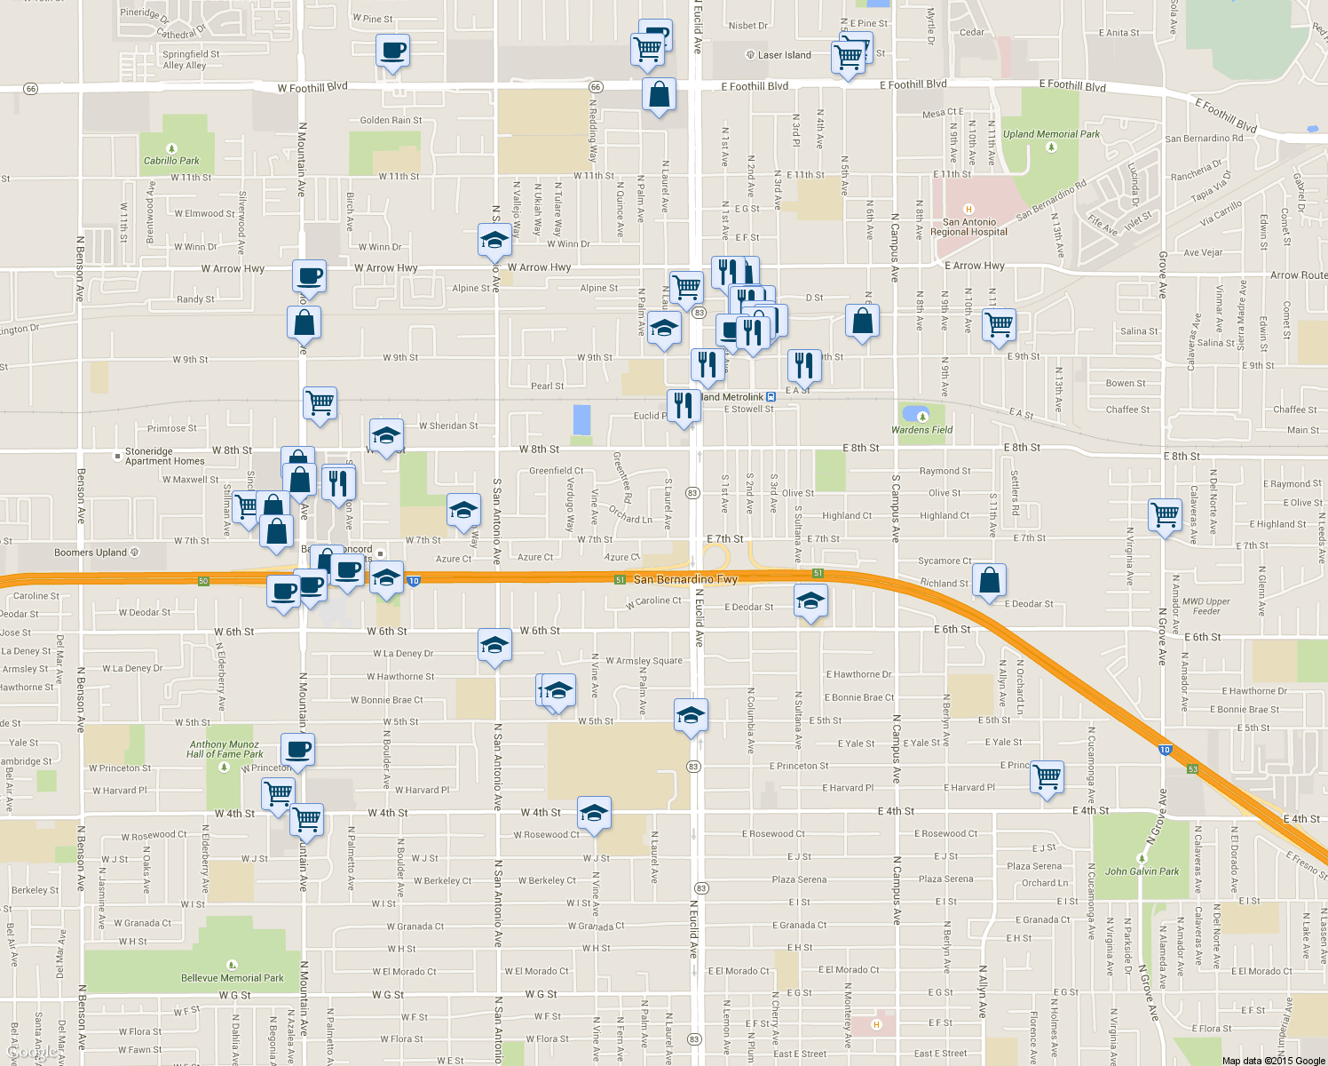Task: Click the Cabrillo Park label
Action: coord(171,161)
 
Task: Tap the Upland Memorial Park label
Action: coord(1051,135)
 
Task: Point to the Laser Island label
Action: coord(784,55)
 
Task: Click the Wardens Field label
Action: coord(921,430)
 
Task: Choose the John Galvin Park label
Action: coord(1142,871)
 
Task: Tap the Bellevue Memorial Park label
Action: coord(233,978)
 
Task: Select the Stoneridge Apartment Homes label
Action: coord(164,457)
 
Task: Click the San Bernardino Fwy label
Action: coord(685,579)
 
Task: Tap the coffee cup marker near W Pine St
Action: coord(391,51)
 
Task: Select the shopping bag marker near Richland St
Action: coord(989,580)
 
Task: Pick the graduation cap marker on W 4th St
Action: coord(594,813)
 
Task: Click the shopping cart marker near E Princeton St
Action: coord(1047,776)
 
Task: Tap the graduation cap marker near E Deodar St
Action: coord(810,601)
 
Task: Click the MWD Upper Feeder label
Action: coord(1205,606)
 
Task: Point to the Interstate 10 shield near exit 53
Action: coord(1165,750)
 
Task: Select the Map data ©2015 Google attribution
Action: coord(1273,1060)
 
